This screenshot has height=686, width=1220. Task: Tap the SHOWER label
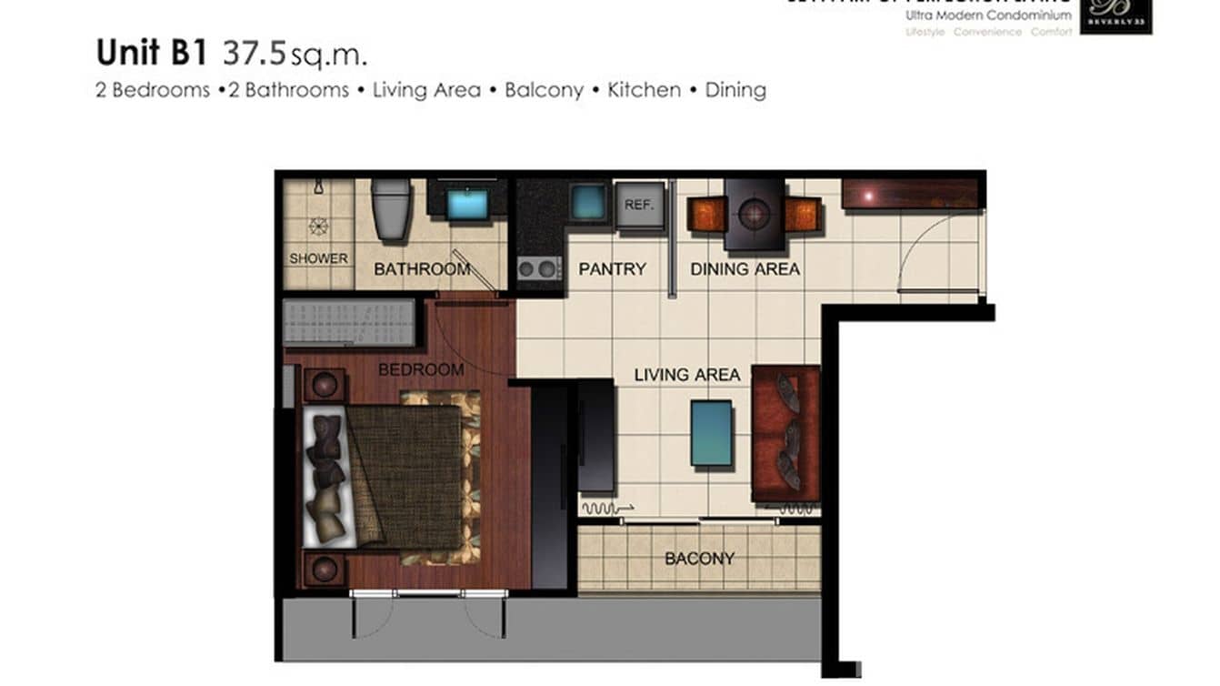point(318,258)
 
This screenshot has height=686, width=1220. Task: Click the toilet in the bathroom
point(392,209)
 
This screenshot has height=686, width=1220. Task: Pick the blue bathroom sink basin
point(467,204)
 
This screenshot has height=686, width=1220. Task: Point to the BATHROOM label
point(421,269)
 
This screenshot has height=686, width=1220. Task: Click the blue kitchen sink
point(588,201)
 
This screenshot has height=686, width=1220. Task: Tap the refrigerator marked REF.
point(639,205)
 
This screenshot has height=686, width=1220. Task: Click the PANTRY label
point(612,269)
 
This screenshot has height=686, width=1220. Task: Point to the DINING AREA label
point(745,269)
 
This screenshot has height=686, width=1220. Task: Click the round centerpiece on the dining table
point(755,215)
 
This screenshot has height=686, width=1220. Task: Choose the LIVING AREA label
point(686,375)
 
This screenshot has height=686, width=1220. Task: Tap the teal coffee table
point(711,433)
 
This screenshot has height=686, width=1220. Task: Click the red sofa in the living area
point(785,433)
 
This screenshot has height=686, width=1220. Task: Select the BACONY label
point(699,559)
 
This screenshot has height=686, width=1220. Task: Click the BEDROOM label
point(421,370)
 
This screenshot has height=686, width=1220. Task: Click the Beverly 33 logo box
point(1115,16)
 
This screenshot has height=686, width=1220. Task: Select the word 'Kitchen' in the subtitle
point(644,90)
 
